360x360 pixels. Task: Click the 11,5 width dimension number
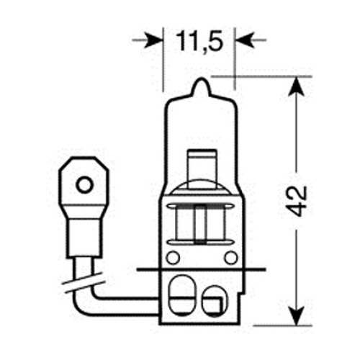tap(199, 42)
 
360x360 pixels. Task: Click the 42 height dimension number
tap(297, 201)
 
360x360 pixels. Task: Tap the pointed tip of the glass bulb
tap(201, 79)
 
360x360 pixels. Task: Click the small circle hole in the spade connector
tap(84, 185)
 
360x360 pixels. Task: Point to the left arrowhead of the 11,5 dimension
tap(153, 40)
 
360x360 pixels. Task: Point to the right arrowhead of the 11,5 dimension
tap(244, 40)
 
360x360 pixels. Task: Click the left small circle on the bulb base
tap(173, 258)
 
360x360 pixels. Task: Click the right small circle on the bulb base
tap(231, 258)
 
